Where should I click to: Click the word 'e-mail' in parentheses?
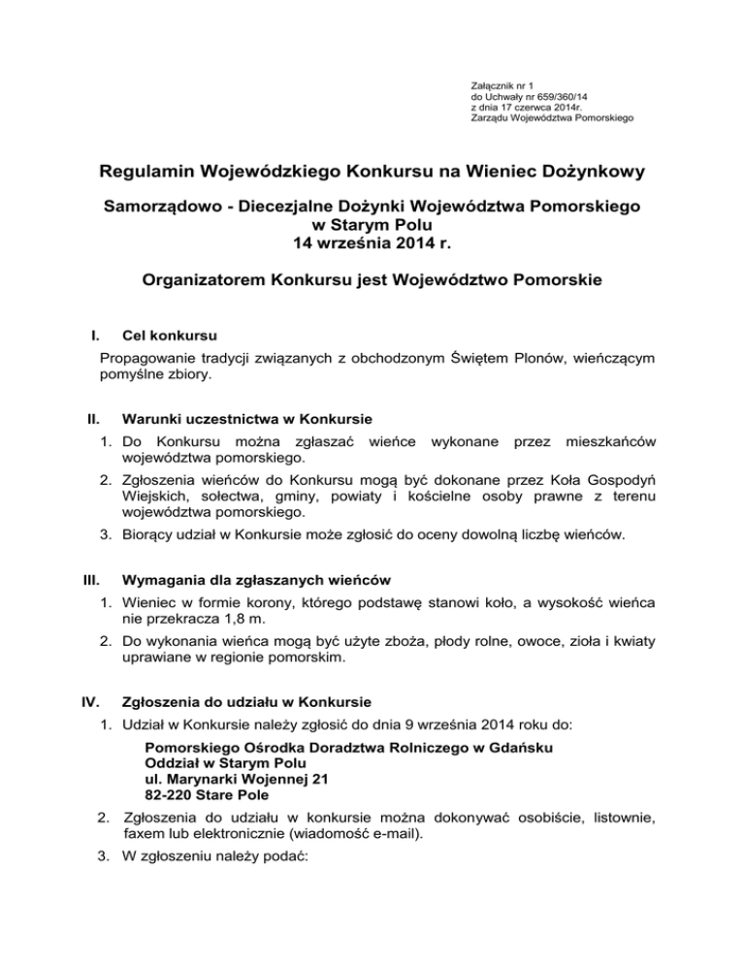point(391,833)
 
